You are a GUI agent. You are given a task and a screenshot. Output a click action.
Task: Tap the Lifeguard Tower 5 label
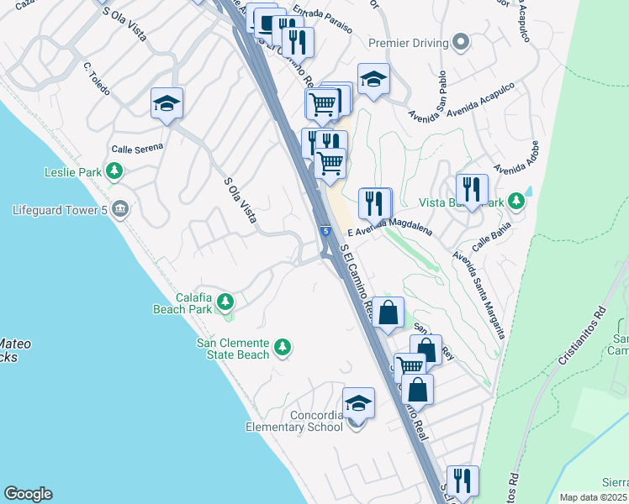pos(61,209)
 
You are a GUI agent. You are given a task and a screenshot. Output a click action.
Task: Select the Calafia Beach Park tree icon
pos(225,301)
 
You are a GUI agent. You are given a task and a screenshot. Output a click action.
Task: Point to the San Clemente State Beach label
pos(233,349)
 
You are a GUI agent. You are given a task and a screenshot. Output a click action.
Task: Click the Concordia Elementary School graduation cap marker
pos(358,404)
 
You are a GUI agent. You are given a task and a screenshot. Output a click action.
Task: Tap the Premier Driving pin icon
pos(460,42)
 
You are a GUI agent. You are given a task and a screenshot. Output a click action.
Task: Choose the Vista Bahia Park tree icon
pos(517,202)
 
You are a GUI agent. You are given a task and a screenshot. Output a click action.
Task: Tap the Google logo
pos(28,494)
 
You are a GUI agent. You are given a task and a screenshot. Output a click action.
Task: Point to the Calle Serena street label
pos(137,149)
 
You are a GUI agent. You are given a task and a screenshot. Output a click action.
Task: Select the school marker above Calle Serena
pos(166,104)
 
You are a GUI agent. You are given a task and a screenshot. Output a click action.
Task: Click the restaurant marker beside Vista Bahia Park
pos(472,190)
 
